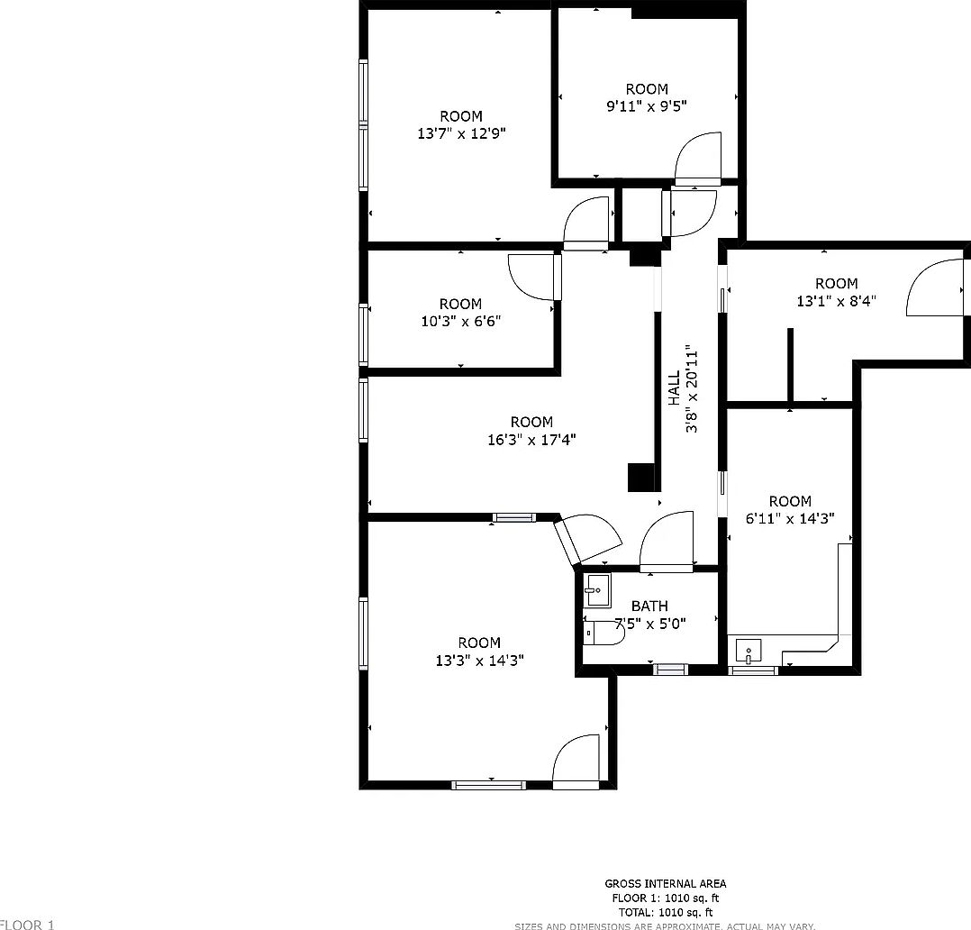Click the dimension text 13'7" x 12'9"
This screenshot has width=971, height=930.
pyautogui.click(x=461, y=133)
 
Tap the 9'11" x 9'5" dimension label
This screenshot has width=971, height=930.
pyautogui.click(x=647, y=106)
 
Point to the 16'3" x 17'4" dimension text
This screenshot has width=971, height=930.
pyautogui.click(x=531, y=440)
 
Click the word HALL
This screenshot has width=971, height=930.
pyautogui.click(x=674, y=388)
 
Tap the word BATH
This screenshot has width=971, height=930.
pyautogui.click(x=649, y=606)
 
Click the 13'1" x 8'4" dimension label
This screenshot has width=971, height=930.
pyautogui.click(x=836, y=301)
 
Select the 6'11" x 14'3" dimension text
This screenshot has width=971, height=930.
pyautogui.click(x=790, y=518)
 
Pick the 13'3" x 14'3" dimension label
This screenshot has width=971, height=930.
pyautogui.click(x=479, y=661)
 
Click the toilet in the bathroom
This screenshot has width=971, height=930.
pyautogui.click(x=605, y=634)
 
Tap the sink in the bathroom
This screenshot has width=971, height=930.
pyautogui.click(x=596, y=590)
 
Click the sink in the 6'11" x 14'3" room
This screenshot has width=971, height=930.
pyautogui.click(x=748, y=651)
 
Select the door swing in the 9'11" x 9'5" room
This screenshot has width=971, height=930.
pyautogui.click(x=697, y=158)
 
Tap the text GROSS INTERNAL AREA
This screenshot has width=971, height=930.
pyautogui.click(x=665, y=884)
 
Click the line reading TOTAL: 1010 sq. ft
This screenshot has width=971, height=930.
pyautogui.click(x=665, y=912)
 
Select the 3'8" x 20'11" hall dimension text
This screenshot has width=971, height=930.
pyautogui.click(x=692, y=388)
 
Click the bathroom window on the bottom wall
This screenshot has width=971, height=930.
pyautogui.click(x=670, y=669)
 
